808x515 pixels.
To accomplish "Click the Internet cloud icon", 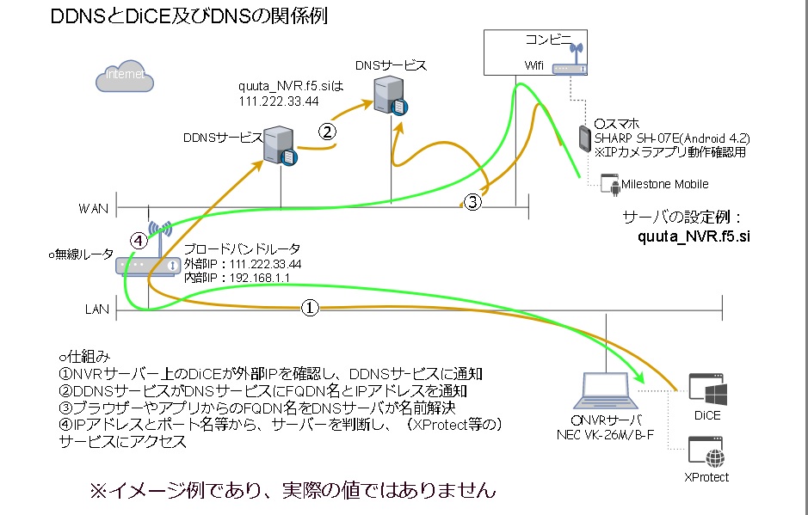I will (x=125, y=77).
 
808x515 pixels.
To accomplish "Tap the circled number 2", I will (x=327, y=132).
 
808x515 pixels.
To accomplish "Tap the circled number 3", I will (x=472, y=202).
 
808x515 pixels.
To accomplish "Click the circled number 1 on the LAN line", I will (x=311, y=307).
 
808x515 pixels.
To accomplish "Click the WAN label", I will (x=93, y=208).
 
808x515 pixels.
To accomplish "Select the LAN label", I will (x=96, y=308).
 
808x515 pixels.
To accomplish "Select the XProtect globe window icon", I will (x=705, y=452).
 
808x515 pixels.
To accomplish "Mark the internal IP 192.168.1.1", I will (x=259, y=278).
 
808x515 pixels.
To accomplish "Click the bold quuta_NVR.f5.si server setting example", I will (x=692, y=236).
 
